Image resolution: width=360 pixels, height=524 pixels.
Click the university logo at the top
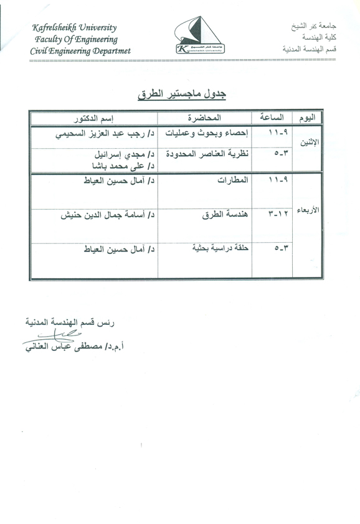197,36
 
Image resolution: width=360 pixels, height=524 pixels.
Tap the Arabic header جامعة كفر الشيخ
310,29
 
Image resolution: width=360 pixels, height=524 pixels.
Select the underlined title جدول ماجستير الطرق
181,94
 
